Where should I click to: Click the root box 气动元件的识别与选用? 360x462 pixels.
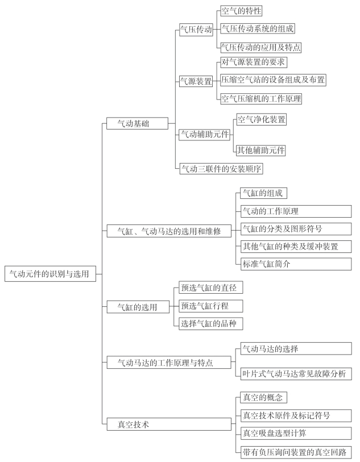click(x=49, y=273)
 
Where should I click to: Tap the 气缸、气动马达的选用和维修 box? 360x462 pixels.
click(x=169, y=231)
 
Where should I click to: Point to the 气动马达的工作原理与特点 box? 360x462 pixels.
click(x=169, y=361)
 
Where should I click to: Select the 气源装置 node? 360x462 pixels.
click(x=196, y=81)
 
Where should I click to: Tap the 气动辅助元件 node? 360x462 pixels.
click(x=204, y=135)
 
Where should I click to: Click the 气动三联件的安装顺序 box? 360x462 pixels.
click(x=221, y=169)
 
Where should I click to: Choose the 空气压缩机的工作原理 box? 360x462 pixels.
click(x=261, y=98)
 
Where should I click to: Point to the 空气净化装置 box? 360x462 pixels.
click(x=261, y=119)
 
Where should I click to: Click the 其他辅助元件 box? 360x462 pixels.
click(x=261, y=151)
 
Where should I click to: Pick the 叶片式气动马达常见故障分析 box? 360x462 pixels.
click(x=296, y=374)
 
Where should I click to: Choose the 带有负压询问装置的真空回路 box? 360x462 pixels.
click(x=296, y=452)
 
